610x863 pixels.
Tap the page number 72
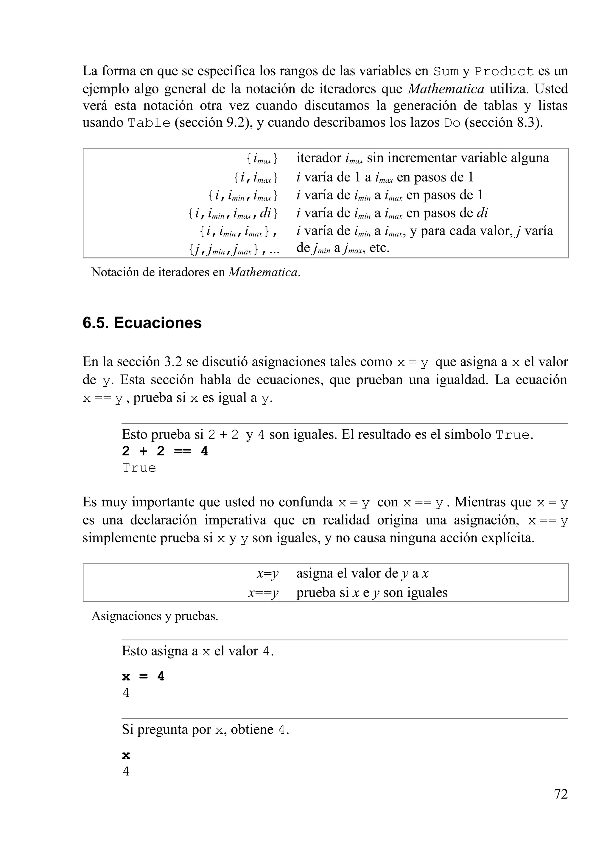(x=560, y=794)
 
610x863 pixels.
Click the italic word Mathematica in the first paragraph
(x=446, y=89)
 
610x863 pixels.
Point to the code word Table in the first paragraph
(x=149, y=123)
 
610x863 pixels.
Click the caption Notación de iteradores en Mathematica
(x=196, y=272)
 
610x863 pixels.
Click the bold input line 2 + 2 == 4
(x=164, y=451)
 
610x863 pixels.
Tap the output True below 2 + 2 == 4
(x=139, y=468)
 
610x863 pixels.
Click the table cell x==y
(x=263, y=593)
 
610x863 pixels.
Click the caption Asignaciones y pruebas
(x=155, y=616)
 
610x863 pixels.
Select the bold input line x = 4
(x=143, y=676)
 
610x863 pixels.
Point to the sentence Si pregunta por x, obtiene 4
(x=206, y=729)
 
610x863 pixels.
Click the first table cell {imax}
(x=262, y=159)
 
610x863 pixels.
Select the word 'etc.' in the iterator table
(x=379, y=248)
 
